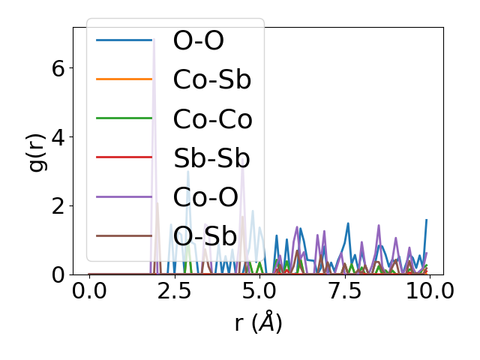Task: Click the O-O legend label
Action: coord(198,40)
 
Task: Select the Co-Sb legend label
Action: coord(211,79)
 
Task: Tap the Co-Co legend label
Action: coord(212,118)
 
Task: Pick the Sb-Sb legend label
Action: coord(211,157)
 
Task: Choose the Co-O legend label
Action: coord(205,196)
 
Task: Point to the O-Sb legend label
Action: coord(205,235)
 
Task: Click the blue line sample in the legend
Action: coord(124,40)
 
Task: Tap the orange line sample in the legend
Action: coord(124,79)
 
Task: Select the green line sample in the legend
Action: coord(124,118)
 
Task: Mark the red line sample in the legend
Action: coord(124,157)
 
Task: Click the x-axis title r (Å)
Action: coord(258,322)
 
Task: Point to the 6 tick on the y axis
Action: coord(58,67)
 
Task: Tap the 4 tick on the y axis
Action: coord(58,136)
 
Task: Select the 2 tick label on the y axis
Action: coord(58,205)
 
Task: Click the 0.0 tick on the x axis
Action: coord(89,291)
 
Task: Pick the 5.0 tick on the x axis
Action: coord(259,291)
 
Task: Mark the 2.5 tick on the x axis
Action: coord(175,291)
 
